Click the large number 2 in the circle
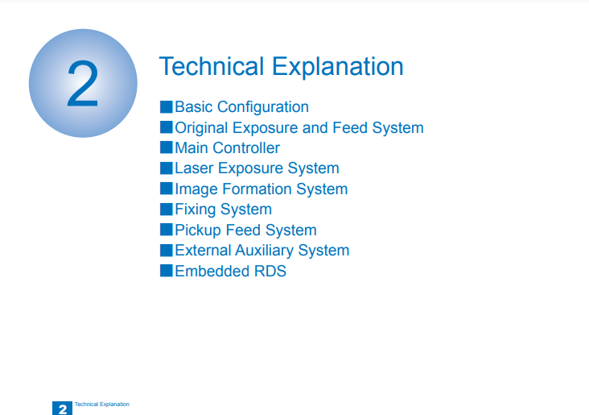(x=83, y=84)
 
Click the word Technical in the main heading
(x=212, y=66)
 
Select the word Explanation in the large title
(x=337, y=68)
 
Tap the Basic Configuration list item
(x=241, y=107)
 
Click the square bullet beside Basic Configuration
(x=166, y=107)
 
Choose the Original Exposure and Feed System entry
(x=299, y=128)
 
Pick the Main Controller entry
(x=227, y=147)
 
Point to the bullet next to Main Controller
(x=166, y=147)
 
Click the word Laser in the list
(x=194, y=168)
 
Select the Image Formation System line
(x=261, y=189)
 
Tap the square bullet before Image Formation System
(x=166, y=189)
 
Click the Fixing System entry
(x=223, y=210)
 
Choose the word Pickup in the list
(x=198, y=230)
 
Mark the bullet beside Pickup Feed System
(x=166, y=230)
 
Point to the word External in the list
(x=203, y=251)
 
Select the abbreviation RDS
(x=270, y=272)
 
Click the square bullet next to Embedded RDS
(x=166, y=271)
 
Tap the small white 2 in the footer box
(x=63, y=409)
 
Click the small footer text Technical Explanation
(x=102, y=404)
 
